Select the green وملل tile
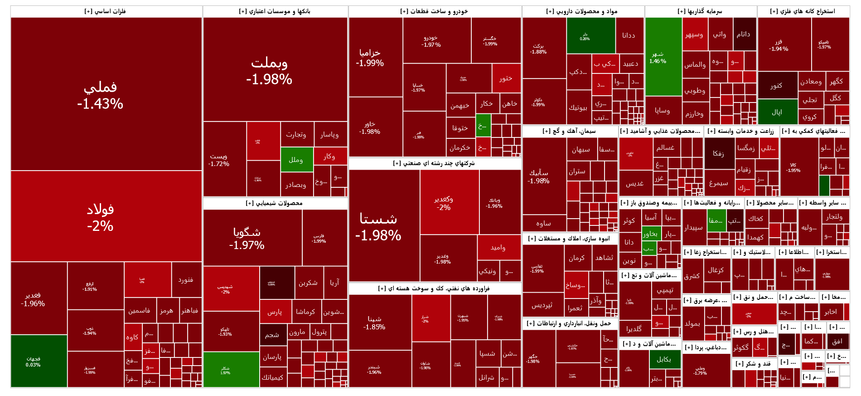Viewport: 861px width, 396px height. tap(296, 160)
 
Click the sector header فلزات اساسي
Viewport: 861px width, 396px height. tap(106, 11)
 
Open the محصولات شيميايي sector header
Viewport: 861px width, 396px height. tap(275, 203)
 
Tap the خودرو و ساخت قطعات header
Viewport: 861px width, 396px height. tap(434, 11)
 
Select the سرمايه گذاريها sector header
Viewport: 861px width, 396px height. tap(700, 11)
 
